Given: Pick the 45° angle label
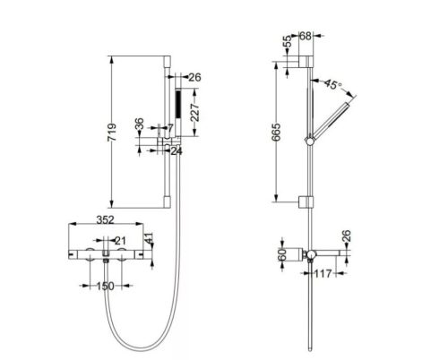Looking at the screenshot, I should pos(333,86).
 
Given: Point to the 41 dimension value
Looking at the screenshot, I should pos(150,239).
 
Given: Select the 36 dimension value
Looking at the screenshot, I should pos(139,126).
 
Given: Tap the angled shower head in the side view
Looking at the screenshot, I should pos(336,116).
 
